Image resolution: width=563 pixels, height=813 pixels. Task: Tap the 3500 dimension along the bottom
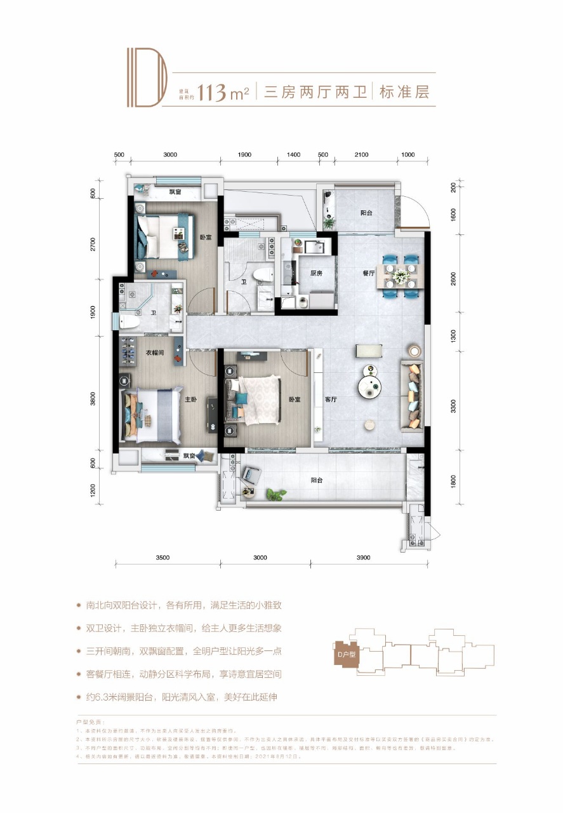click(162, 558)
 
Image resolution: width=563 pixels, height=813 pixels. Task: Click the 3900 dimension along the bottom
click(362, 558)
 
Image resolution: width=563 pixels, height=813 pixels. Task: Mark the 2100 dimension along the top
click(361, 154)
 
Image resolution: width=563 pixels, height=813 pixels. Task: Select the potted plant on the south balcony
click(275, 493)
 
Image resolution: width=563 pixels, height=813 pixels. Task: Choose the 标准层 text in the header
click(404, 93)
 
